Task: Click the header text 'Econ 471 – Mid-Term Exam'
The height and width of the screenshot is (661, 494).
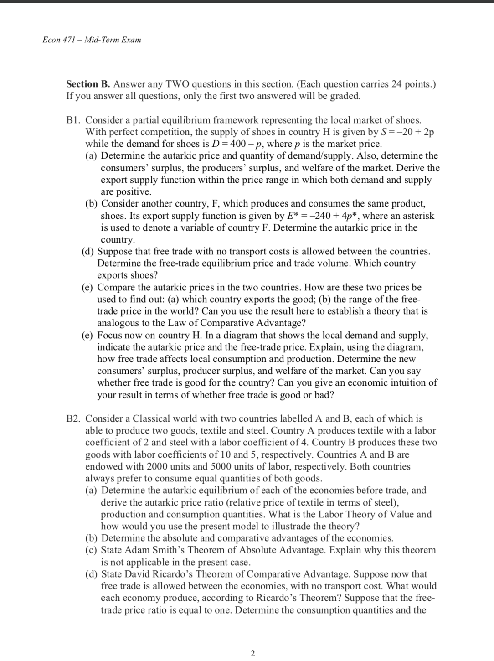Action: click(x=92, y=40)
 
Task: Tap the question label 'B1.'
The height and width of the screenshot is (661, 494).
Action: click(x=74, y=120)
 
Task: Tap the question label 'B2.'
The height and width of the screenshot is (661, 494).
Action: click(x=74, y=418)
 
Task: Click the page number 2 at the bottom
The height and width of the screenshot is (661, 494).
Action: click(x=252, y=653)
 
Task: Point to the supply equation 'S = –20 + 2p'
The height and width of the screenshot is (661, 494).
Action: click(x=406, y=132)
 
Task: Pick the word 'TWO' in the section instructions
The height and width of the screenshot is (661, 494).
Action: click(x=178, y=84)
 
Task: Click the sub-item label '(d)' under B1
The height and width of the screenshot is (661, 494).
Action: click(x=89, y=252)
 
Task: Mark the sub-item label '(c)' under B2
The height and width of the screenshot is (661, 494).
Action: click(x=93, y=550)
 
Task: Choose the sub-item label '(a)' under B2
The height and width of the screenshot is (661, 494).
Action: click(x=93, y=491)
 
